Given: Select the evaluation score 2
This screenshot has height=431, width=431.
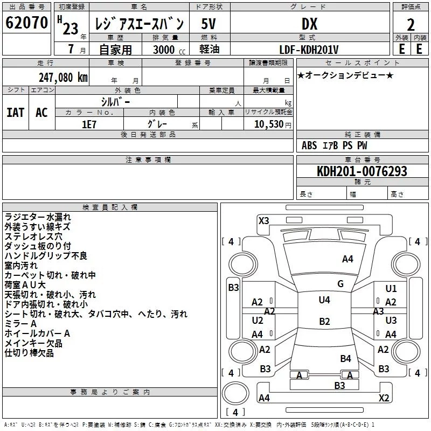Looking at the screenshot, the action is pos(411,24).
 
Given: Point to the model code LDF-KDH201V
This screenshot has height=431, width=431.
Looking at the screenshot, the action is pos(309,50).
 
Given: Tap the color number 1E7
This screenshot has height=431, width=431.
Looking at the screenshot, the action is pos(89,123).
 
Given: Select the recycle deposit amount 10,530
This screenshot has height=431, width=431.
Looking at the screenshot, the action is pos(265,124).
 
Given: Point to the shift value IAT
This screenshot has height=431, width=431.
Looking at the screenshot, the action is pos(15,113).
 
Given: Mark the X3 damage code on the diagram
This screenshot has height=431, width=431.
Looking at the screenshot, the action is pos(263,220).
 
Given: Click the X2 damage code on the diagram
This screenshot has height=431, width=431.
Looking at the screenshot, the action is pos(384,398).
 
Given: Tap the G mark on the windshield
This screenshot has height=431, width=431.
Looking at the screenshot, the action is pos(340,283).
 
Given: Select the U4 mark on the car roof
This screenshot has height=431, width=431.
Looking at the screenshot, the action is pos(324,300).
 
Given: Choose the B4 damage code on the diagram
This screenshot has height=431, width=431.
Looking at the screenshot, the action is pos(345,358).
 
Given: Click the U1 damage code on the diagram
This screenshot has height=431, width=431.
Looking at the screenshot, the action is pos(391,289).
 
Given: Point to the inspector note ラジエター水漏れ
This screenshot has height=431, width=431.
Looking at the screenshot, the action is pos(37,217).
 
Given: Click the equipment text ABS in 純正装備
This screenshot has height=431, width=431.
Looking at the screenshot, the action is pos(309,145).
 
